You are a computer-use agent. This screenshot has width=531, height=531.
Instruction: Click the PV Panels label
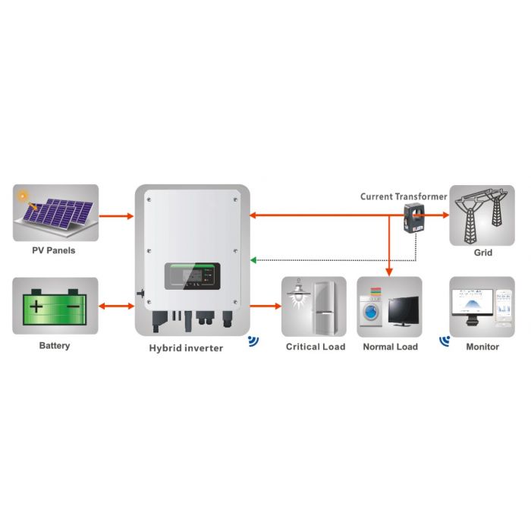click(x=54, y=250)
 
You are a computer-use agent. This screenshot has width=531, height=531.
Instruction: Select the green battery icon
click(x=55, y=306)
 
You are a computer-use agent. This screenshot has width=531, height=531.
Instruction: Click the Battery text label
click(x=54, y=346)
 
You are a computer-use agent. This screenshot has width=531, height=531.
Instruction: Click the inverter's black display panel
click(x=193, y=280)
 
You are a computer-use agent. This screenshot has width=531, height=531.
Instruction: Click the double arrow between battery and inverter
click(x=117, y=306)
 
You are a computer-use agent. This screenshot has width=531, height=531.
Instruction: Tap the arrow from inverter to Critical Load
click(x=265, y=306)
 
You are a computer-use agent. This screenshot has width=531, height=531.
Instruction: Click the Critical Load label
click(x=315, y=347)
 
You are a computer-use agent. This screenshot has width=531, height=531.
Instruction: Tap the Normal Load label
click(x=390, y=347)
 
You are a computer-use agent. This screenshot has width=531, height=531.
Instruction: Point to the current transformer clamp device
click(x=414, y=216)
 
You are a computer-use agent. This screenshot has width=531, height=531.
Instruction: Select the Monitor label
click(x=482, y=347)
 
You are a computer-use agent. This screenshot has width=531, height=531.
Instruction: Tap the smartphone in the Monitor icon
click(x=502, y=306)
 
